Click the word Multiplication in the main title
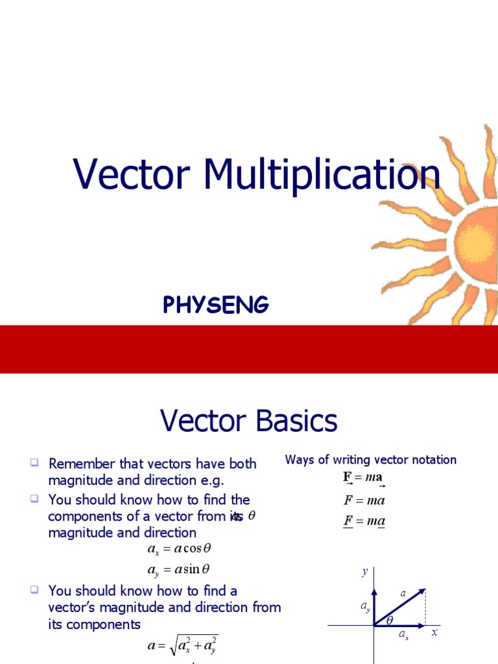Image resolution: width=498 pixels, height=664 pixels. point(322,176)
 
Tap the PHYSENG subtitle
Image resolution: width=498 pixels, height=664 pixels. point(216,305)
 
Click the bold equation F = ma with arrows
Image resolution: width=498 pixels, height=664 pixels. point(364,478)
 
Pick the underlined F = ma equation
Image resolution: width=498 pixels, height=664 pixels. point(364,521)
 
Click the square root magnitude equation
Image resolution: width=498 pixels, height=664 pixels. point(182,646)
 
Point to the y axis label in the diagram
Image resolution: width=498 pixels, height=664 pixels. point(364,571)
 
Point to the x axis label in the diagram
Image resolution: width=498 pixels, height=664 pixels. point(435,632)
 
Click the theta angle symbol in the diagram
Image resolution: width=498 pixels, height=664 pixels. point(390,621)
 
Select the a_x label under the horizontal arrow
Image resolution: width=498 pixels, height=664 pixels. point(403,636)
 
